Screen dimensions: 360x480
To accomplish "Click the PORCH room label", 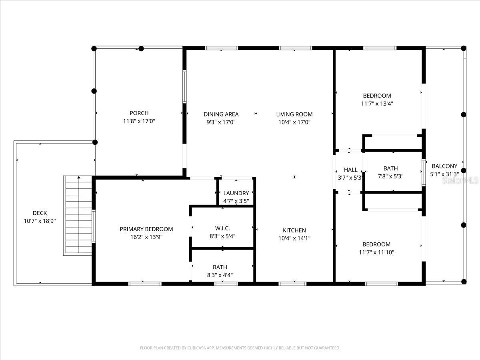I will (x=139, y=113).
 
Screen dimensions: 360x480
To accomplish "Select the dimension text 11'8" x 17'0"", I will (x=139, y=121).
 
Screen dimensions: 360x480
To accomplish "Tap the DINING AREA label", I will (x=221, y=114).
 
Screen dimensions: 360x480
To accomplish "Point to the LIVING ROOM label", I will (x=294, y=114).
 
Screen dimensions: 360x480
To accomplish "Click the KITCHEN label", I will (x=294, y=230).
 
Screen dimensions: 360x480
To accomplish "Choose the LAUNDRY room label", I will (x=236, y=193).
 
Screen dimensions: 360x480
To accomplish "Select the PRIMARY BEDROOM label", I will (x=146, y=229).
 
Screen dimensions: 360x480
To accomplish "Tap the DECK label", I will (x=40, y=213).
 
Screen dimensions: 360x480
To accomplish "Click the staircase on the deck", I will (x=79, y=215).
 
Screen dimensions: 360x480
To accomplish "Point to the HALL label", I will (x=350, y=170).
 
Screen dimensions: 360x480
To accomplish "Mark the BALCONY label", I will (x=444, y=166).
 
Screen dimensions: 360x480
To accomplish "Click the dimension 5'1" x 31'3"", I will (x=444, y=174).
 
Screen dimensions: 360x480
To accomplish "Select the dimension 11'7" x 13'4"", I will (x=377, y=104).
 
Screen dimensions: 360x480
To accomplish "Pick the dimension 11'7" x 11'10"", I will (x=376, y=252).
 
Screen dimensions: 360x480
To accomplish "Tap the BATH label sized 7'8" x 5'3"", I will (x=390, y=169).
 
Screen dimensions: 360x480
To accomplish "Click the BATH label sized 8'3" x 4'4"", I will (x=220, y=267).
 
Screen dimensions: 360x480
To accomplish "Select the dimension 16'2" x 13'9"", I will (x=146, y=237).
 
